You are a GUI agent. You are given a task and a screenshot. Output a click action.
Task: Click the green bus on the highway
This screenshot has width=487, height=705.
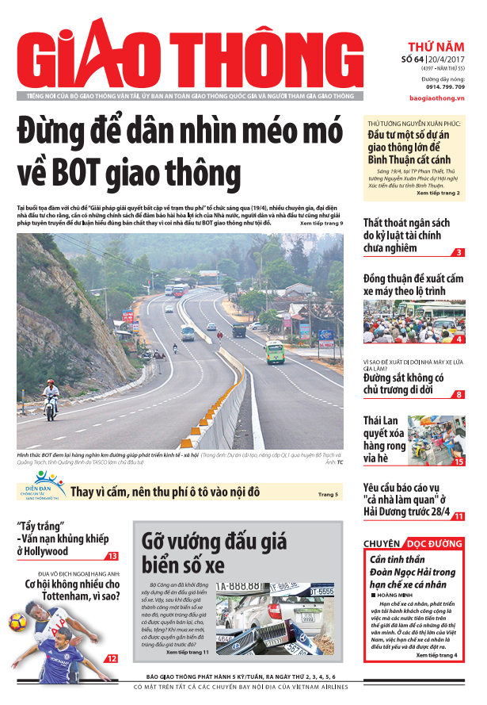coord(275,351)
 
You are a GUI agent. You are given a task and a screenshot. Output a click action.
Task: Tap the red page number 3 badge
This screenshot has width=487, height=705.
coord(459,252)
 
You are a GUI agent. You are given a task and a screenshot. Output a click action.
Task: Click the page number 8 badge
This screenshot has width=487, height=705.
coord(459,394)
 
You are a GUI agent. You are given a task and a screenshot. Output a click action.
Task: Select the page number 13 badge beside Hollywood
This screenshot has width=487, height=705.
coord(112,556)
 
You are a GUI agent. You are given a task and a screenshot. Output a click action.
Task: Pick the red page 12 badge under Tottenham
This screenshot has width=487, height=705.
coord(112,657)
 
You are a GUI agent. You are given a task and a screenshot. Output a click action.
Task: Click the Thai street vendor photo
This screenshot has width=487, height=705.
coord(436,439)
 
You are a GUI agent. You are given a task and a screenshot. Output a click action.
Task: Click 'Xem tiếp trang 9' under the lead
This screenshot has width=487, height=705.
coord(321,223)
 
